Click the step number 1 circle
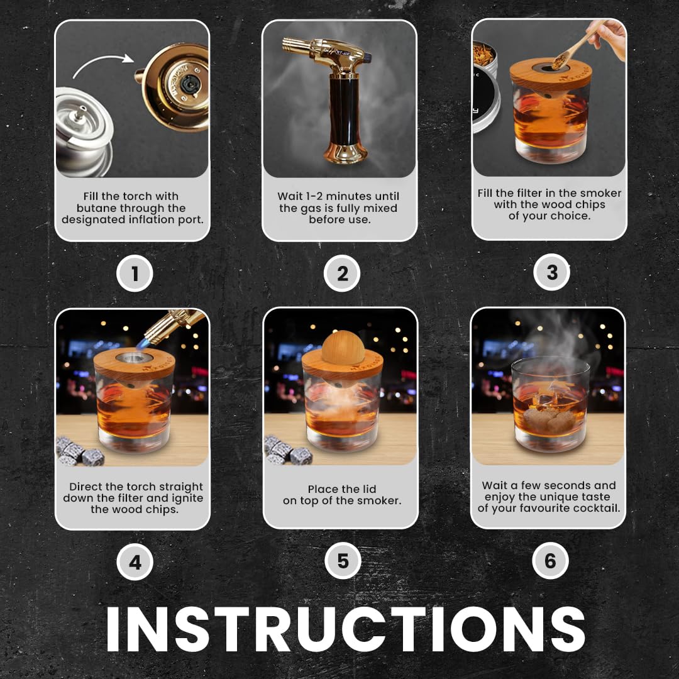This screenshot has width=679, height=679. (135, 274)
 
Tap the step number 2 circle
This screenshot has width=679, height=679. (343, 274)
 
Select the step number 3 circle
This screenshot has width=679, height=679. (551, 273)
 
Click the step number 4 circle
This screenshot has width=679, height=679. (135, 562)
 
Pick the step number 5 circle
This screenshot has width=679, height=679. (343, 561)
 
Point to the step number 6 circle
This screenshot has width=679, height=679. (551, 561)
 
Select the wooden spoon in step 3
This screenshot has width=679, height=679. (577, 44)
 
